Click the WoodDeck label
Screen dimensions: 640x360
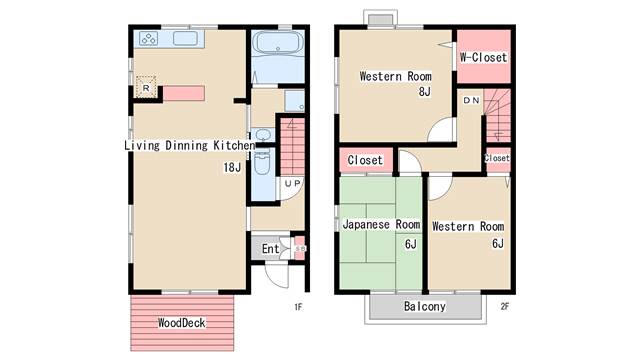click(182, 323)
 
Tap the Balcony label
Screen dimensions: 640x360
click(424, 306)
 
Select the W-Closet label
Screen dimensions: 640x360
click(483, 57)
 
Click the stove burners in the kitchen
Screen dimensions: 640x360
click(148, 39)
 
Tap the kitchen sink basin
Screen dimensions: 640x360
click(185, 39)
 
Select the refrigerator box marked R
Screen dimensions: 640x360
click(146, 87)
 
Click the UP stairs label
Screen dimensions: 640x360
click(292, 184)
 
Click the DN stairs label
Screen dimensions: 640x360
click(471, 100)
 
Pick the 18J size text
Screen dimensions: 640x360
click(232, 167)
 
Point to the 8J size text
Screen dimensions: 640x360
click(424, 92)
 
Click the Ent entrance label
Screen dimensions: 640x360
click(271, 249)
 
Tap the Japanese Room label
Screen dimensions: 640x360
click(381, 224)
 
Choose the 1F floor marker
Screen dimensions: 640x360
click(298, 307)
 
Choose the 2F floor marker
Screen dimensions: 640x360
click(505, 307)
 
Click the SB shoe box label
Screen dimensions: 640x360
click(300, 248)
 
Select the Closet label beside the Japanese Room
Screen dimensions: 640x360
click(365, 160)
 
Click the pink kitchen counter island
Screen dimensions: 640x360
click(184, 93)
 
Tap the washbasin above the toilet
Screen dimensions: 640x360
click(262, 135)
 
